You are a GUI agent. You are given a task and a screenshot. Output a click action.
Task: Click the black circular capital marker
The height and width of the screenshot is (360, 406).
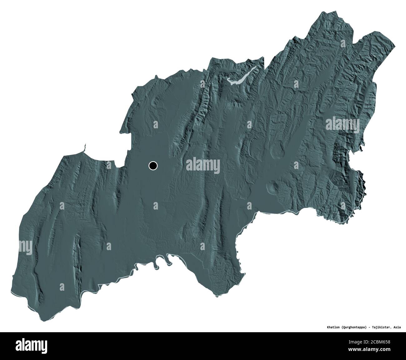click(153, 166)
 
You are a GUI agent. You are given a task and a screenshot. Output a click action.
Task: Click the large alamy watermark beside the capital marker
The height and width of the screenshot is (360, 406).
click(203, 165)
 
